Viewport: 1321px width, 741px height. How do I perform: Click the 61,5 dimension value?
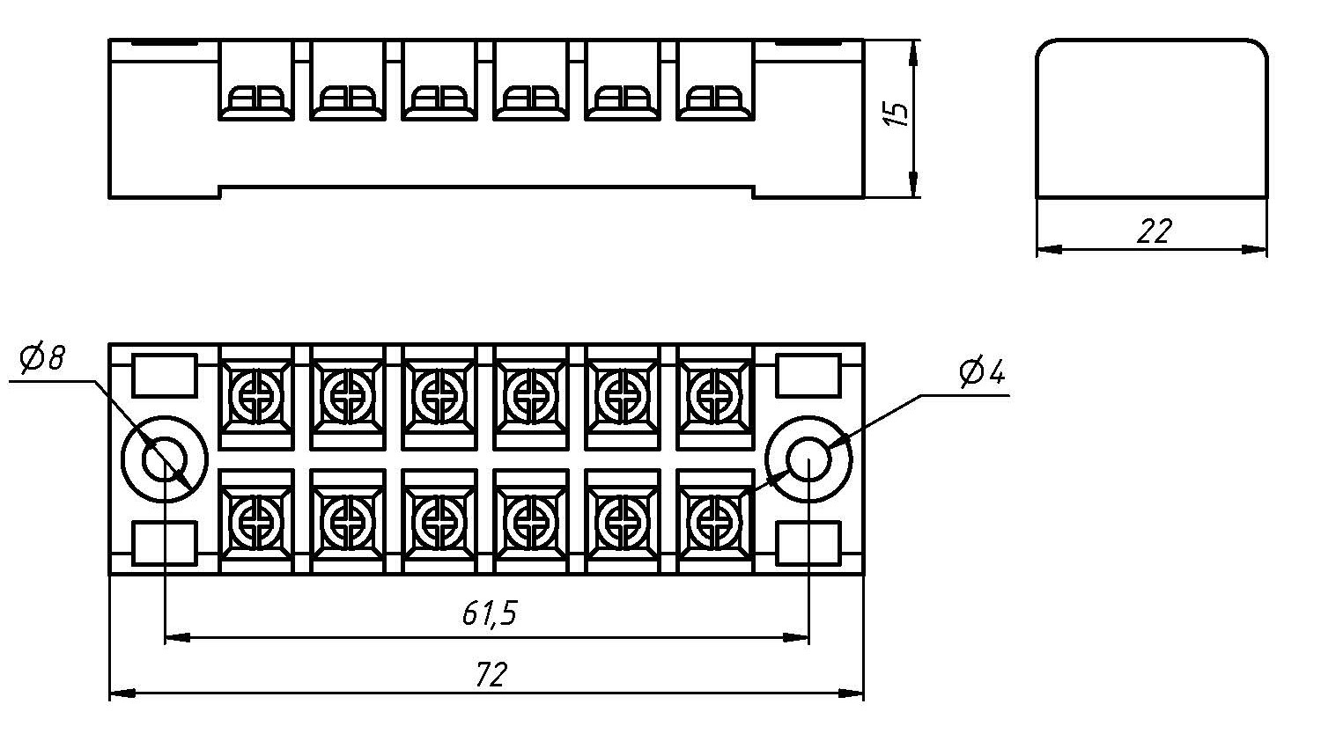click(489, 613)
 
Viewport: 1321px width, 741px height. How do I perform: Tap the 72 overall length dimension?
click(491, 675)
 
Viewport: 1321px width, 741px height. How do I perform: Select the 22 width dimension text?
click(1154, 231)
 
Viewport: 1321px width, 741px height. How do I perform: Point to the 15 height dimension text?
click(896, 114)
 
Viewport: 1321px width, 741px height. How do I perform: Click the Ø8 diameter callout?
click(41, 360)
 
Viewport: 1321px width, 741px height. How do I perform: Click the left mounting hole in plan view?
click(164, 460)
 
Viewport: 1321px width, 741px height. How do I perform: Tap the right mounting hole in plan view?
click(808, 460)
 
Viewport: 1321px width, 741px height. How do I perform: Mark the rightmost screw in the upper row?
click(714, 389)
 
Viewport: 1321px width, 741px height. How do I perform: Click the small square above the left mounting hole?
click(164, 376)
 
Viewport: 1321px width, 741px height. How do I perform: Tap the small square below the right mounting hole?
click(808, 542)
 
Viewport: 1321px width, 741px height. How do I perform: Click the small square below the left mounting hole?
click(164, 542)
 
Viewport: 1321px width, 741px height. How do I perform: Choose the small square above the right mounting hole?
click(808, 376)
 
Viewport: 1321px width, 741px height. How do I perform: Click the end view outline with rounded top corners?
click(1152, 118)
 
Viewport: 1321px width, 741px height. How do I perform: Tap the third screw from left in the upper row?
click(439, 389)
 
